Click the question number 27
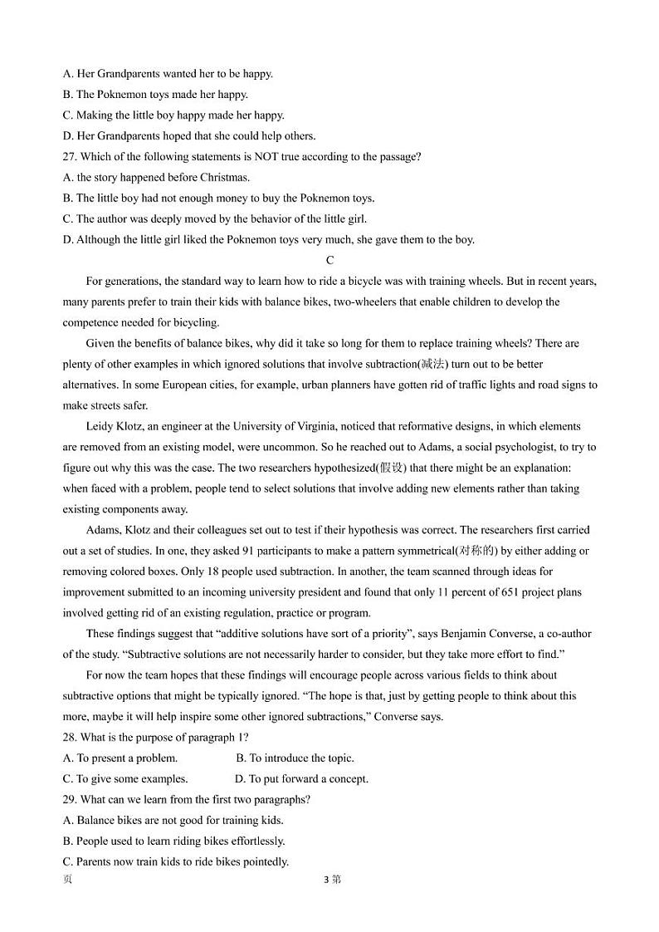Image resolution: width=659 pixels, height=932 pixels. [x=70, y=157]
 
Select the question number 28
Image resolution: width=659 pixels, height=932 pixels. [x=70, y=738]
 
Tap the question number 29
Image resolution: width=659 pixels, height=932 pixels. [x=70, y=800]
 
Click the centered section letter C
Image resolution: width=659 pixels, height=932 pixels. [x=329, y=261]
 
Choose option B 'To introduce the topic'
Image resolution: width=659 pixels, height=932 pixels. [x=295, y=758]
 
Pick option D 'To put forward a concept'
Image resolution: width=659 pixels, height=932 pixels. [x=302, y=779]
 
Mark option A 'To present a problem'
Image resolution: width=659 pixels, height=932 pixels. [x=120, y=758]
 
